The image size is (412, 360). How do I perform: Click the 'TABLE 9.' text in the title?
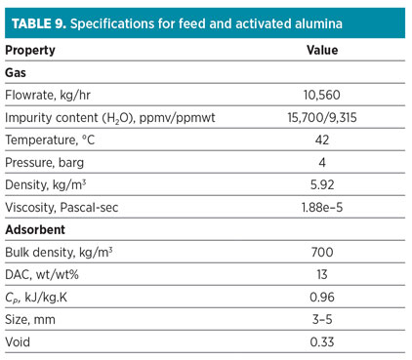click(45, 20)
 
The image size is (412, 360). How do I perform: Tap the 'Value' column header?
click(321, 50)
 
